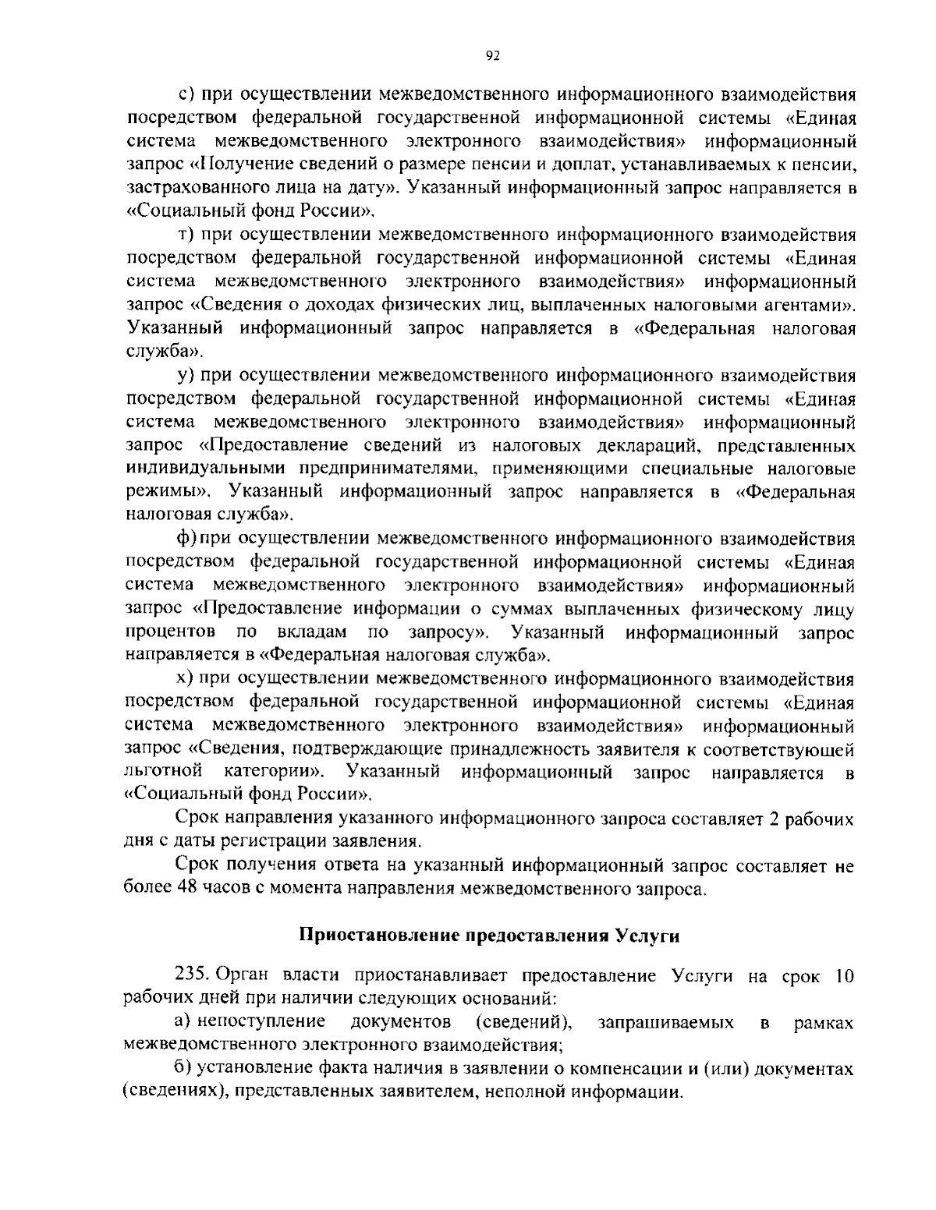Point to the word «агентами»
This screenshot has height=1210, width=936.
(x=811, y=306)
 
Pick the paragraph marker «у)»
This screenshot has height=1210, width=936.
(x=186, y=377)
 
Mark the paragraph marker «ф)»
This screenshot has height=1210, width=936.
(x=186, y=540)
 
